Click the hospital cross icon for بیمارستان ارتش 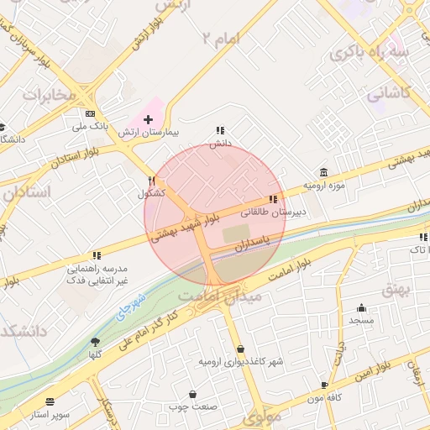coord(148,120)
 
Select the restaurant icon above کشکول coord(152,180)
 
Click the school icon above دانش coord(220,130)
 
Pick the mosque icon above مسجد coord(361,307)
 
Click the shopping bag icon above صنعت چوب coord(193,394)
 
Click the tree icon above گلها coord(95,342)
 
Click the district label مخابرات coord(49,94)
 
